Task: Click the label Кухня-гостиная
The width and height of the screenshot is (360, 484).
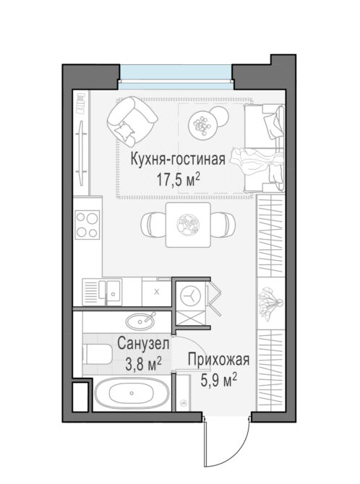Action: (x=178, y=160)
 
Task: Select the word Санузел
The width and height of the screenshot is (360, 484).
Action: (x=143, y=344)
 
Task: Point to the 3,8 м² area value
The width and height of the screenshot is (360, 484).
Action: (x=143, y=363)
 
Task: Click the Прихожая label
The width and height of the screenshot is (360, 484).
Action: (x=218, y=360)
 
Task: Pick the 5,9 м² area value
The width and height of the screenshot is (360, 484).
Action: (x=219, y=380)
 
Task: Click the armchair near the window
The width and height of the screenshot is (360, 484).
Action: (x=132, y=121)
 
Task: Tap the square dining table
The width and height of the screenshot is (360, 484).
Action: (x=188, y=225)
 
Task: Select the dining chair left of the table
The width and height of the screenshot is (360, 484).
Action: (x=153, y=225)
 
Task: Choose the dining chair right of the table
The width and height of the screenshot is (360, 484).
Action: (x=223, y=225)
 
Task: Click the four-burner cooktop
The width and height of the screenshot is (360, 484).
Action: (x=87, y=225)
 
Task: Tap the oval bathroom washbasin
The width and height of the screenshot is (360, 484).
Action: (x=140, y=321)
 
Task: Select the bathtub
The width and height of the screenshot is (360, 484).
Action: (x=132, y=393)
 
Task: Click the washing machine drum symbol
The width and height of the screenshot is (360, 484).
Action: (x=191, y=295)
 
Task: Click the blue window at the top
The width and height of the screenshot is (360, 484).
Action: (x=176, y=77)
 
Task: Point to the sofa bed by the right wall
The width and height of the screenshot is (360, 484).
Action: (x=264, y=148)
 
